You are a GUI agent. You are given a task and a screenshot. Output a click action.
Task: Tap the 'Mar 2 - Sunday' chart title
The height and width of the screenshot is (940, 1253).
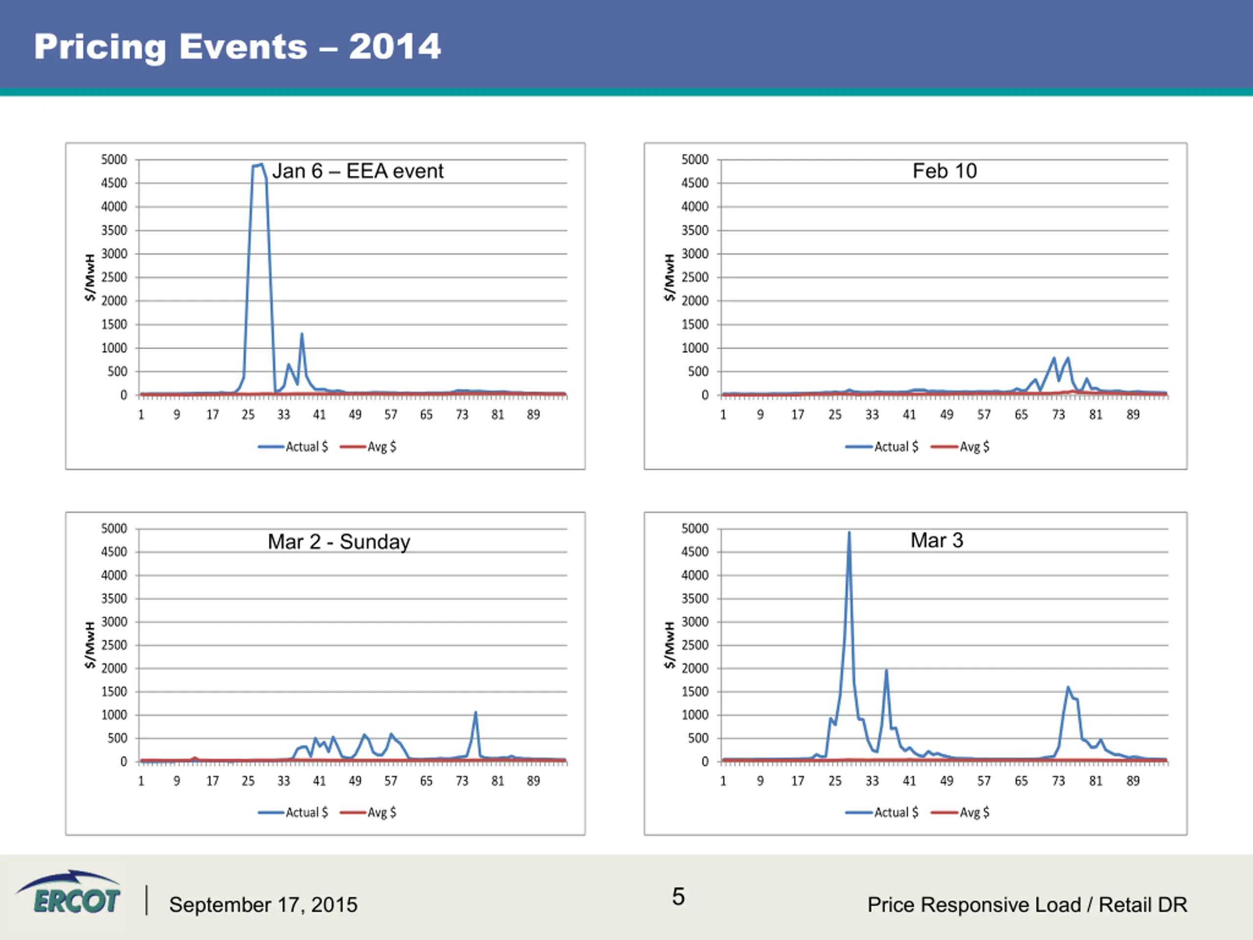339,541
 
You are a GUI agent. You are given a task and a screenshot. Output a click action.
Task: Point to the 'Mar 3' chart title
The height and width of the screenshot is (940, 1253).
936,540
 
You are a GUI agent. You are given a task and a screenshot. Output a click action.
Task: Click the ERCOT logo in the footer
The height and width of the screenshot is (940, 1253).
70,893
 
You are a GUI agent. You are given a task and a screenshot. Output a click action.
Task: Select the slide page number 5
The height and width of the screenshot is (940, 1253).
678,896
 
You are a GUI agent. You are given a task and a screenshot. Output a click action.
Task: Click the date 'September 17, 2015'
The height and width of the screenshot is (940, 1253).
263,905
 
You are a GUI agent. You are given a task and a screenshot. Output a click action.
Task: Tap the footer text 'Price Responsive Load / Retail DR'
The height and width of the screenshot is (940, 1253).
1027,905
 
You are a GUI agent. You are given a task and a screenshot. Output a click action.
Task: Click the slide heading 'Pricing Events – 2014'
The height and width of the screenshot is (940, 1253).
237,47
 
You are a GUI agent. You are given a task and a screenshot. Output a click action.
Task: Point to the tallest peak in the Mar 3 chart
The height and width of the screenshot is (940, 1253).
849,533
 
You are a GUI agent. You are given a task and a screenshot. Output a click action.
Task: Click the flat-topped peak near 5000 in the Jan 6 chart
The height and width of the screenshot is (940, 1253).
258,165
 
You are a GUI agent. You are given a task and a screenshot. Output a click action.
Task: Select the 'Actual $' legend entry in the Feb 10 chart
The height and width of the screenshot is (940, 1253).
882,446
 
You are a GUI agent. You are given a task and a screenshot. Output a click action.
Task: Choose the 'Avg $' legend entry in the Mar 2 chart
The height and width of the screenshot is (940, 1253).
368,813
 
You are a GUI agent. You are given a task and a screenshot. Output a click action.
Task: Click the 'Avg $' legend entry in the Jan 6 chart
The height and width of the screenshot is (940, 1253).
368,446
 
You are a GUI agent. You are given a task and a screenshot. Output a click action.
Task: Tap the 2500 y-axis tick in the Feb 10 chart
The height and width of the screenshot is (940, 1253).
695,278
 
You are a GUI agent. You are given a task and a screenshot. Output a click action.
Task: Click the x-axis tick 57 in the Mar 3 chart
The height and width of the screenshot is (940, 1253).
984,781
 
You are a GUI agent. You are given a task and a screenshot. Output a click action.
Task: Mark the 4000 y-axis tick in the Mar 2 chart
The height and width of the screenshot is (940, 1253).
114,575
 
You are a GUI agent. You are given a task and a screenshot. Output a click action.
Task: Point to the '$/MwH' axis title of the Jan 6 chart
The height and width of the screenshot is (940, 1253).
90,278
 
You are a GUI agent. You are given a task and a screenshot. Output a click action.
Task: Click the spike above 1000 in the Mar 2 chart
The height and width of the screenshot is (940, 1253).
475,714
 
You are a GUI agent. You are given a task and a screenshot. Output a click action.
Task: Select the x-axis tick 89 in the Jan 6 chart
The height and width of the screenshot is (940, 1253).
533,415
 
